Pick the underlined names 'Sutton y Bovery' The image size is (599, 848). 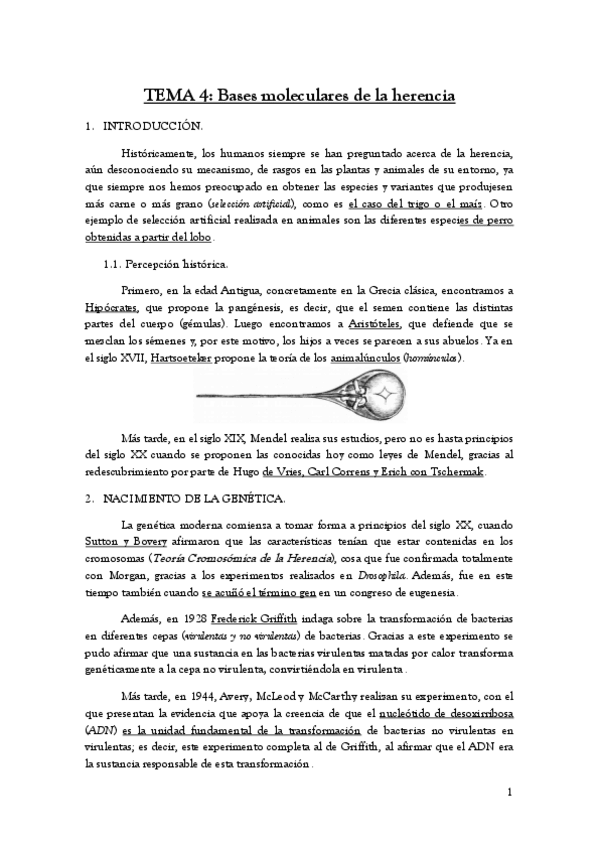(x=149, y=543)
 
